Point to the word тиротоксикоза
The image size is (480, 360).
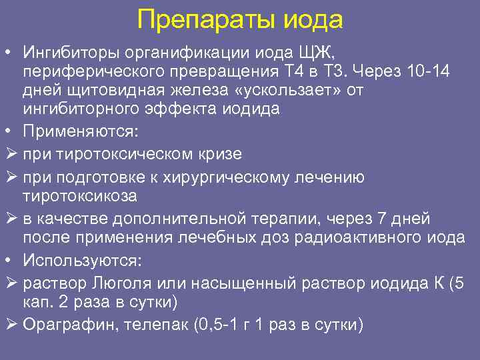[79, 195]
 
